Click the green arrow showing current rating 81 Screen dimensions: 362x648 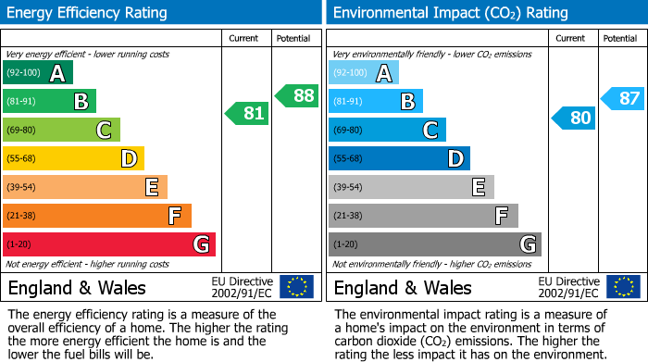[x=247, y=114]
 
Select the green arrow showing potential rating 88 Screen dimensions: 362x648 [x=296, y=95]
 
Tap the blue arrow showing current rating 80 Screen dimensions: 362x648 [x=573, y=118]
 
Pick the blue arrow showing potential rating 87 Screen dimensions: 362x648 [x=622, y=97]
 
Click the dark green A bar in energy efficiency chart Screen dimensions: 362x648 [x=37, y=73]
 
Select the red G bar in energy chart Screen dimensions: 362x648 [x=109, y=244]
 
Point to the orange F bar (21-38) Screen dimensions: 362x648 [x=97, y=216]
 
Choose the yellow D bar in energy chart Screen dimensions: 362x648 [x=73, y=158]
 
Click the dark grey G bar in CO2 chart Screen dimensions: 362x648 [x=434, y=244]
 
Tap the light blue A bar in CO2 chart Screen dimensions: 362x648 [x=364, y=73]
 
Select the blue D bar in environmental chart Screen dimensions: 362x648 [x=399, y=158]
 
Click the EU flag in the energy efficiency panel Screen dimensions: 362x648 [x=296, y=287]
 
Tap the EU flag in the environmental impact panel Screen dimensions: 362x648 [x=623, y=287]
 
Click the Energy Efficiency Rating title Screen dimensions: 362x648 [x=88, y=13]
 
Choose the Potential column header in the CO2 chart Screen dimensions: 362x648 [x=619, y=38]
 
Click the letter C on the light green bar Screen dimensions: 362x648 [x=105, y=131]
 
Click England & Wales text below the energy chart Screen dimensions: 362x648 [x=74, y=288]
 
